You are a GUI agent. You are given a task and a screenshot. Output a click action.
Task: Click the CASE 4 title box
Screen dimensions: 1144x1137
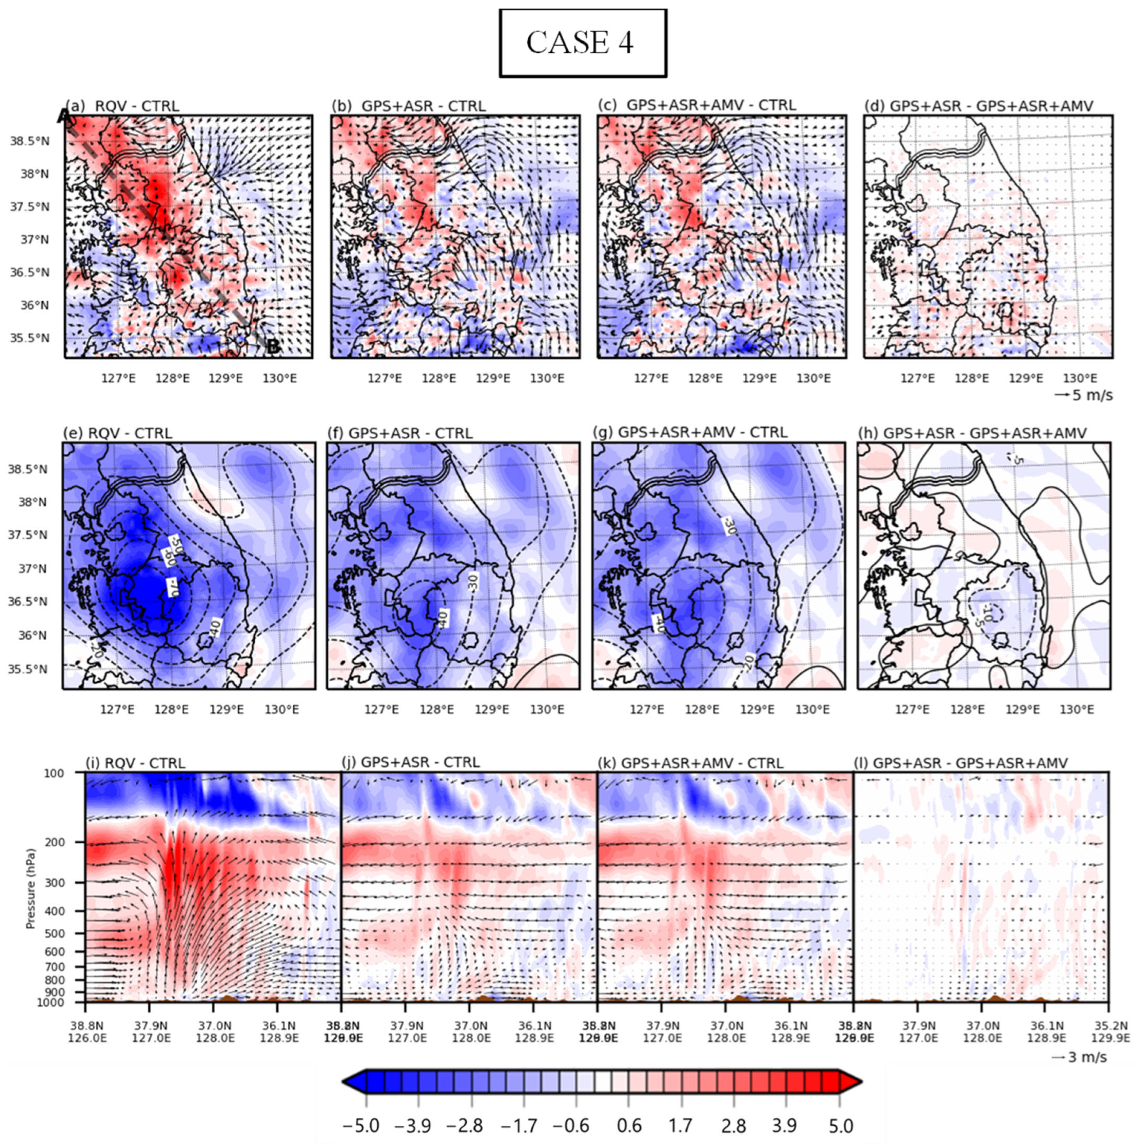582,43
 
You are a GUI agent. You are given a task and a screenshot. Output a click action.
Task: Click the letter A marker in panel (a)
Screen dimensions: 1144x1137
65,116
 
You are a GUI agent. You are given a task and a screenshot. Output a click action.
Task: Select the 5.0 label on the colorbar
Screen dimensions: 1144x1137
840,1125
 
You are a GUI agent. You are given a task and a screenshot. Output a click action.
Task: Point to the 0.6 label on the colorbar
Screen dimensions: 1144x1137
629,1125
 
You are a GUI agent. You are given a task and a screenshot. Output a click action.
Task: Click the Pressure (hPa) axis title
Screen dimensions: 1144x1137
31,888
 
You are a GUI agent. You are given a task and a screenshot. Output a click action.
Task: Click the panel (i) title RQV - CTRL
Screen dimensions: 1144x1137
136,763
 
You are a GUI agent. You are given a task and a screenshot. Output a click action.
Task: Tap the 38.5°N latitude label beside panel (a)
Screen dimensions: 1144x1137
29,141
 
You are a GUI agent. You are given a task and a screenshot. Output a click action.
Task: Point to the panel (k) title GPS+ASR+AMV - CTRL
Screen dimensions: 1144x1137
691,763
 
